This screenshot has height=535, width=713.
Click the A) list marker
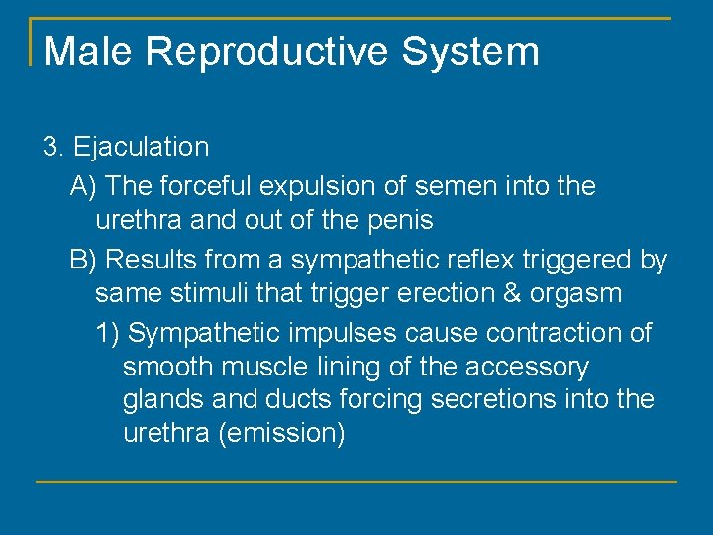point(83,186)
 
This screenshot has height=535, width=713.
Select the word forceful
point(205,186)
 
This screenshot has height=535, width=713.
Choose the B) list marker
point(83,261)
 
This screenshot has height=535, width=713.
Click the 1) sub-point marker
point(108,333)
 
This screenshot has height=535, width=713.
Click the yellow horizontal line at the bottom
point(356,482)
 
